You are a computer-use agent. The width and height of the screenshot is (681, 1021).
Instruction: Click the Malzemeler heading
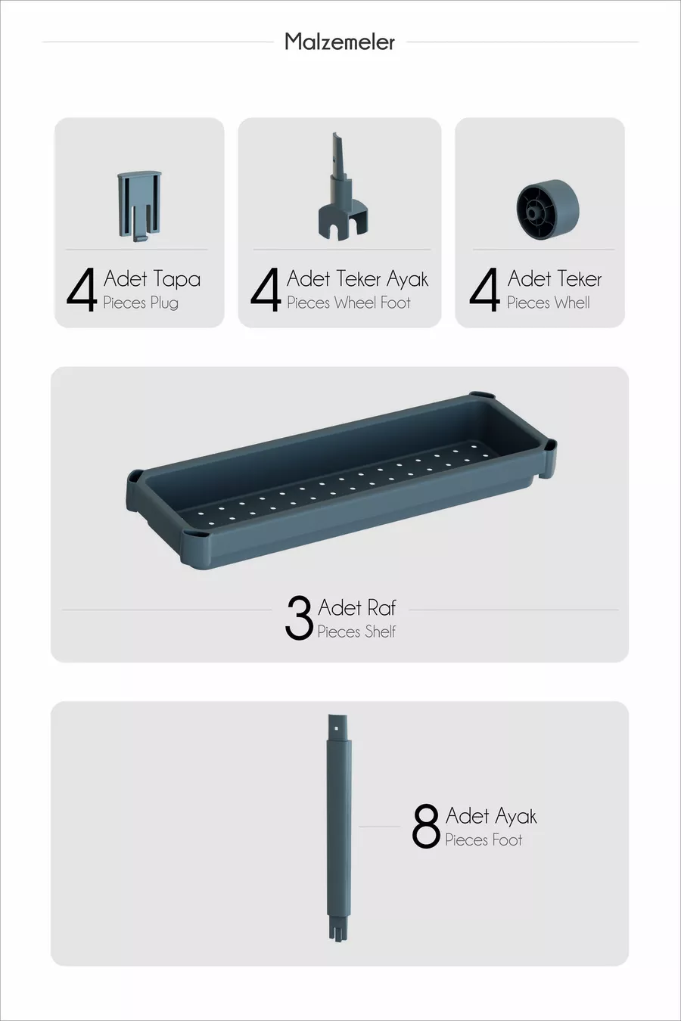340,42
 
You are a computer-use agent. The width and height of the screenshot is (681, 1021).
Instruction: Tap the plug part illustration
139,206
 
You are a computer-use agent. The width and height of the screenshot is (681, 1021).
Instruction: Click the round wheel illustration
548,209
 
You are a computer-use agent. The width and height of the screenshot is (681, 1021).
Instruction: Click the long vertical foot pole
339,827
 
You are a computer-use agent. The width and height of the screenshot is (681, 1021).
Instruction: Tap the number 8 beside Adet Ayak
425,826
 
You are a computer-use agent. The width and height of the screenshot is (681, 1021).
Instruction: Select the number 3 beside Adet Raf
299,618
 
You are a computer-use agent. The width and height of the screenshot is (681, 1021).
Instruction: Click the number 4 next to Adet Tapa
82,290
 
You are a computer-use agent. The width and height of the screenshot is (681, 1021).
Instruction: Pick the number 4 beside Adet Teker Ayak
266,290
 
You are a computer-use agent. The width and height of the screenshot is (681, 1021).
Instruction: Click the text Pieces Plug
141,303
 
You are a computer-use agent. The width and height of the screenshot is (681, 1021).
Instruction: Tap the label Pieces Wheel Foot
349,303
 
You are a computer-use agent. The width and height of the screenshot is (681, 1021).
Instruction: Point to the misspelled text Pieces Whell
549,303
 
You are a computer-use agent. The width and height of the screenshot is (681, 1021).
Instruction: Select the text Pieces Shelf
356,632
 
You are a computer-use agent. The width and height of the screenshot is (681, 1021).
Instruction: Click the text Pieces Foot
484,839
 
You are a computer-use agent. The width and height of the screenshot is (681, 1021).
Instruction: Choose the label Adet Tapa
152,278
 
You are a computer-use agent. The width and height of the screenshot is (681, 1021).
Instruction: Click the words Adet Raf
357,607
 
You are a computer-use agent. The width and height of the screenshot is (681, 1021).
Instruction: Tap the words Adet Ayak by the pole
491,816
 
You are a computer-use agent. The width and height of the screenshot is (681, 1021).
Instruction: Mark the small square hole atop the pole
336,728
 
